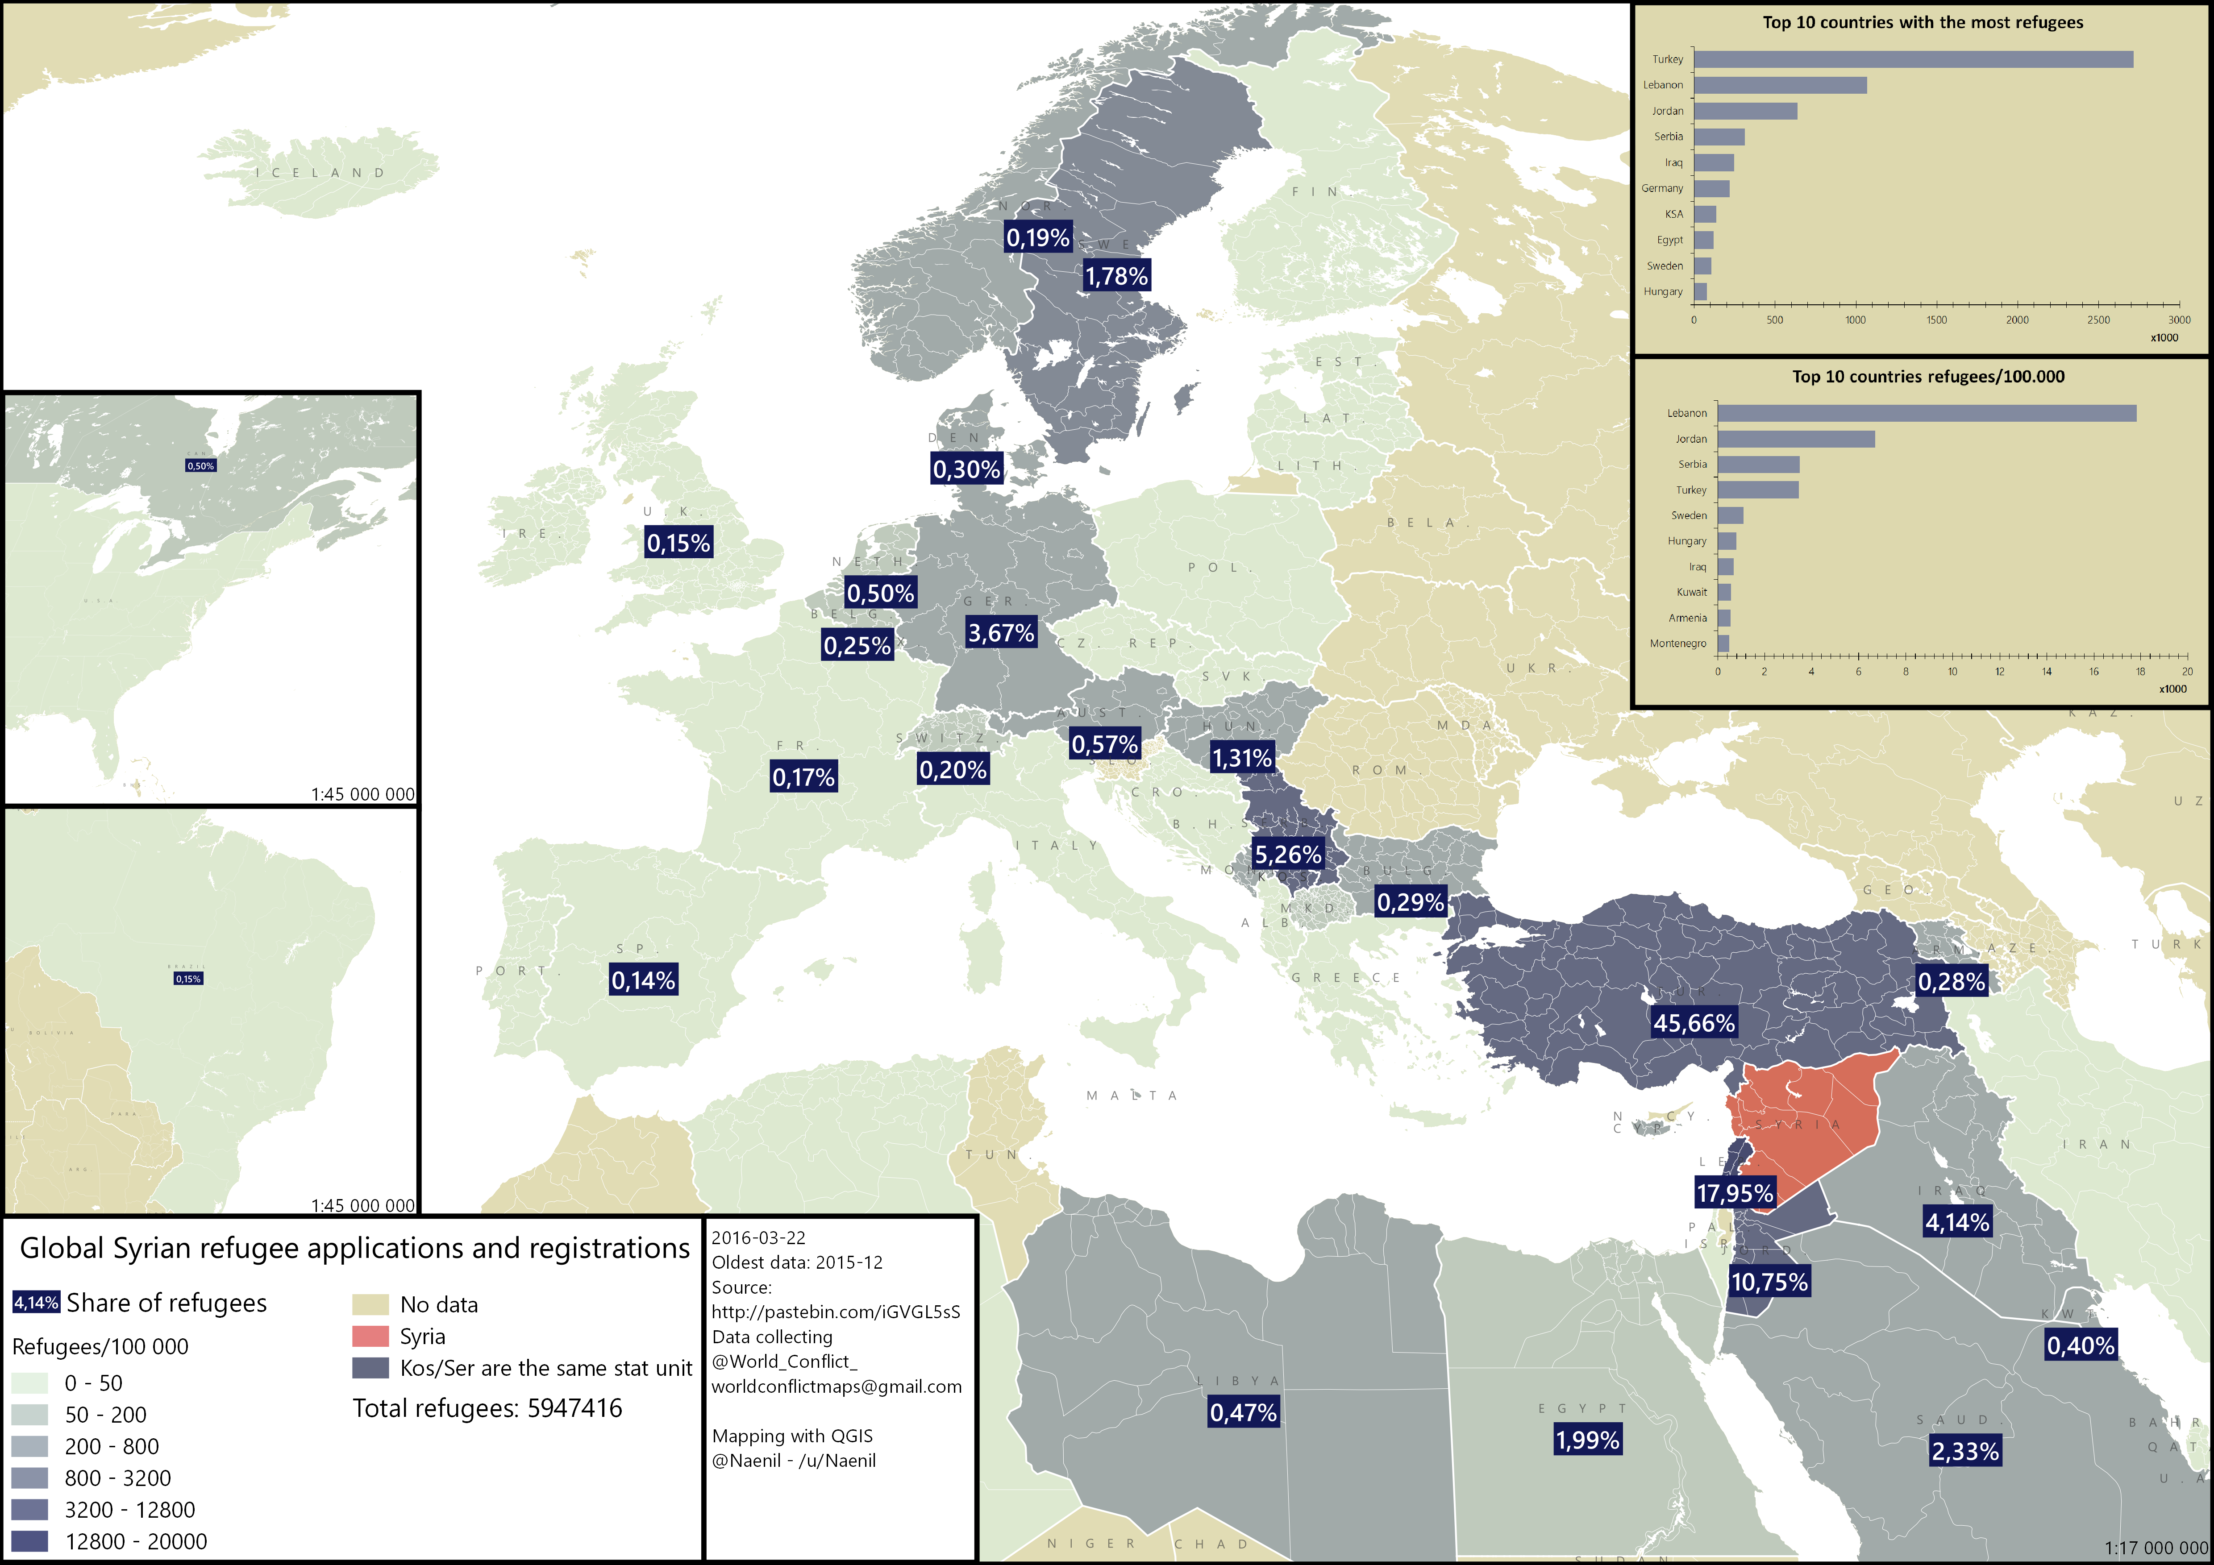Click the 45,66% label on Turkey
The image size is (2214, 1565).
1694,1023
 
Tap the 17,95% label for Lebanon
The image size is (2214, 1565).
1734,1193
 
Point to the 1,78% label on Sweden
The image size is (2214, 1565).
1117,276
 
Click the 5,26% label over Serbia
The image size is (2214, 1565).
1287,854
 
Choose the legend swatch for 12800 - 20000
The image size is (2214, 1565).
30,1541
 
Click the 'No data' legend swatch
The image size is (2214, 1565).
370,1305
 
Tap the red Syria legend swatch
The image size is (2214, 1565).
370,1337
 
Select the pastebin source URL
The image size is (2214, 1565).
835,1312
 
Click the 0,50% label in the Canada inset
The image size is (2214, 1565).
200,466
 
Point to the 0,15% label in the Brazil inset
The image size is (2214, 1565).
188,979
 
